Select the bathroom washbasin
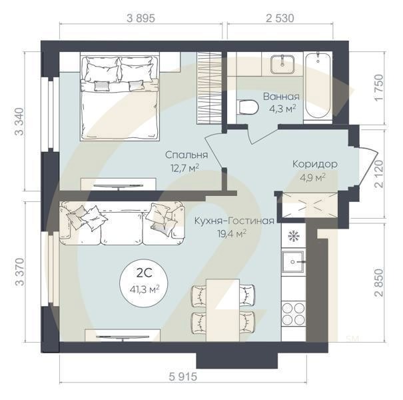pos(282,64)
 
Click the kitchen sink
pos(293,262)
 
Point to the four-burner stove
pos(293,313)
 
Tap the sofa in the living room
pos(122,223)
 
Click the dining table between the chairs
pos(223,310)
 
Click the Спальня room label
pos(187,155)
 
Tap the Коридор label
pos(315,164)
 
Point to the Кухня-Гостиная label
pos(234,221)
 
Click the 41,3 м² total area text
pos(145,289)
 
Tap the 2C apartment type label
pos(144,273)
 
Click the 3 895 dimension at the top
pos(141,18)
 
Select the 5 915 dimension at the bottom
pos(183,377)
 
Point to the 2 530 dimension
pos(280,18)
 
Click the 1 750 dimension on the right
pos(379,88)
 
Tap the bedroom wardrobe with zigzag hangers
pos(209,88)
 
